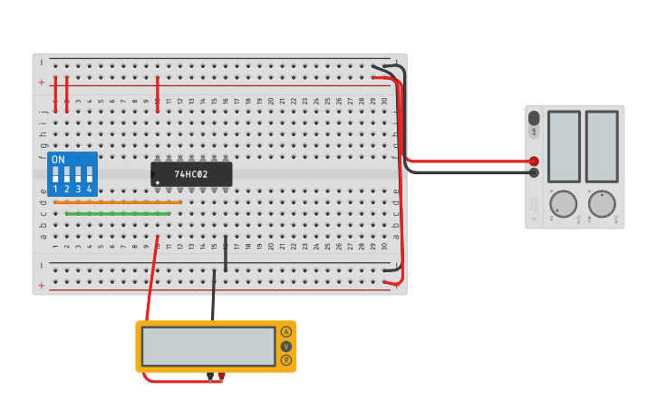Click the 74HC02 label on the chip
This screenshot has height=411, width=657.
[x=191, y=173]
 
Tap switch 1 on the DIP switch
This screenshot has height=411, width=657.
[x=55, y=173]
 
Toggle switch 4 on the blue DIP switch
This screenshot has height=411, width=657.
[x=89, y=173]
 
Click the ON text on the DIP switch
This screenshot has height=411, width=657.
[x=58, y=160]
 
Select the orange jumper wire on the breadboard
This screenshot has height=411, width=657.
[x=118, y=202]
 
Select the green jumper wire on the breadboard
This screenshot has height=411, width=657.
[x=118, y=214]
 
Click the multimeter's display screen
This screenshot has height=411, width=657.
[x=208, y=347]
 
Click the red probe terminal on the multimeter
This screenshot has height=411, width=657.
[x=221, y=376]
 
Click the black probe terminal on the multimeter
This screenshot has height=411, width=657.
[x=210, y=376]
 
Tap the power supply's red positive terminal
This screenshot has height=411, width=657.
[x=534, y=161]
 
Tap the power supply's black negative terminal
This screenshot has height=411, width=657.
[x=534, y=172]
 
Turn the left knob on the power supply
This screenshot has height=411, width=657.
[x=563, y=204]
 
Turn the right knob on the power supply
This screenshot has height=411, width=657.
[x=602, y=204]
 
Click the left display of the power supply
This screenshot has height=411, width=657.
[x=564, y=146]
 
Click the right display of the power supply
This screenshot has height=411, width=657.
[x=602, y=146]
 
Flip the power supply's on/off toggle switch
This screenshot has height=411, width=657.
[x=534, y=119]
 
